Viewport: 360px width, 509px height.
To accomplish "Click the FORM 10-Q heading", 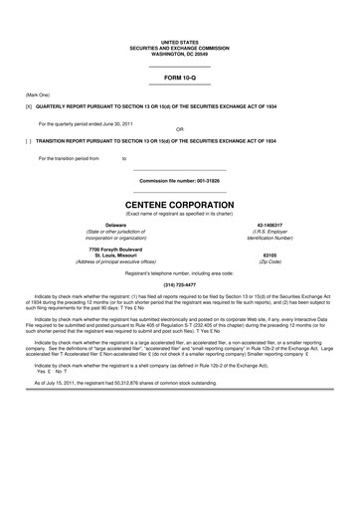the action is [179, 77].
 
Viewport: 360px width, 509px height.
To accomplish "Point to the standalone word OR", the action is [179, 129].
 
